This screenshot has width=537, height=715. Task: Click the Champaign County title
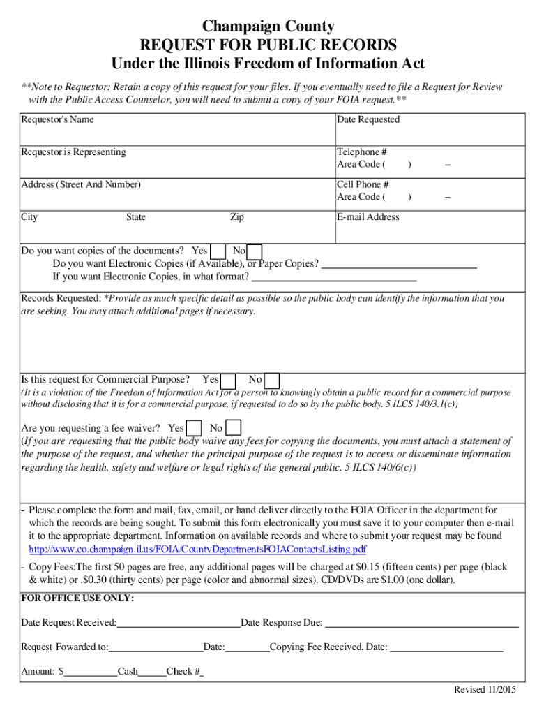point(268,27)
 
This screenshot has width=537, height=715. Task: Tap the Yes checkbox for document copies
point(218,251)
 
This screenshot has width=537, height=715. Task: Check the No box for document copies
point(255,251)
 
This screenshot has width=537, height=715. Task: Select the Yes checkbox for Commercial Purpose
point(228,381)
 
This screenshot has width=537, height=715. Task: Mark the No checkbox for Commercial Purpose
point(273,381)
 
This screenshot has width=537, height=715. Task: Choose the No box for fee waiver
point(234,428)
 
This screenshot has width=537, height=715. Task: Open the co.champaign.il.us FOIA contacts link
point(197,549)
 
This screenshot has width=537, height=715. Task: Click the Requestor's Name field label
point(57,120)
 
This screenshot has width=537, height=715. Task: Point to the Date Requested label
point(368,120)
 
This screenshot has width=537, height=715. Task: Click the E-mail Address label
point(368,217)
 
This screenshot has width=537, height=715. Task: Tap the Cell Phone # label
point(363,185)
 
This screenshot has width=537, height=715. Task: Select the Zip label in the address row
point(237,217)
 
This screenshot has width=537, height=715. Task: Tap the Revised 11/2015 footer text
point(485,690)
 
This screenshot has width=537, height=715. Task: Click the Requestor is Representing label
point(73,152)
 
